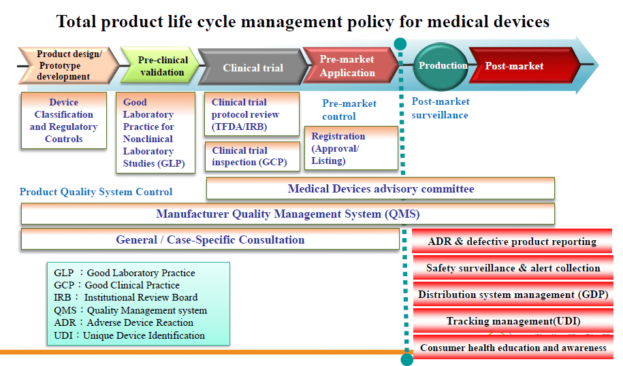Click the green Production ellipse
(x=442, y=66)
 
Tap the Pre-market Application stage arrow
(x=348, y=66)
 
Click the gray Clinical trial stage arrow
(x=253, y=68)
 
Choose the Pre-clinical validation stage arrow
(x=161, y=66)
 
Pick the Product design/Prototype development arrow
(x=65, y=66)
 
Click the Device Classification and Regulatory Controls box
(x=64, y=121)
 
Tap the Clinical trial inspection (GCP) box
(x=252, y=156)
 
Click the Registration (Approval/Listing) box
(x=351, y=148)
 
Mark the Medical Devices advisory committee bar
(x=380, y=188)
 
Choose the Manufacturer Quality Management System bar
(x=287, y=214)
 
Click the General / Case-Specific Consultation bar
(x=210, y=239)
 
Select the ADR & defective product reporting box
(x=512, y=242)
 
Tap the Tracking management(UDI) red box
(x=512, y=321)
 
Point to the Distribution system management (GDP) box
(x=512, y=295)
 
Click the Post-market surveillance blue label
(x=441, y=108)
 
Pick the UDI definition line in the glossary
(x=129, y=335)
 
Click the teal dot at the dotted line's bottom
(x=407, y=359)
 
